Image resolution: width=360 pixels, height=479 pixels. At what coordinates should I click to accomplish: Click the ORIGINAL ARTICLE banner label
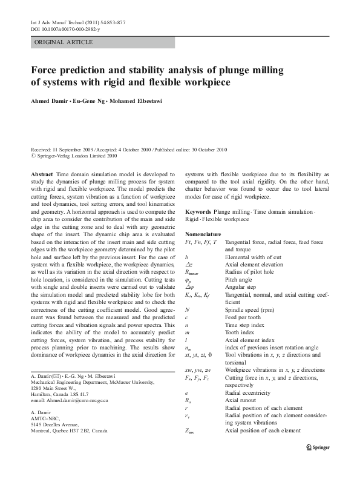[64, 42]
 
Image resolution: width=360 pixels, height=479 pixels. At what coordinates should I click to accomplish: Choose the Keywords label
[198, 213]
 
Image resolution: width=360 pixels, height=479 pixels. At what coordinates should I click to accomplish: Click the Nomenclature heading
[203, 234]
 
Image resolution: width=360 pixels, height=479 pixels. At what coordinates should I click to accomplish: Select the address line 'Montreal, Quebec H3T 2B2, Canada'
[69, 431]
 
